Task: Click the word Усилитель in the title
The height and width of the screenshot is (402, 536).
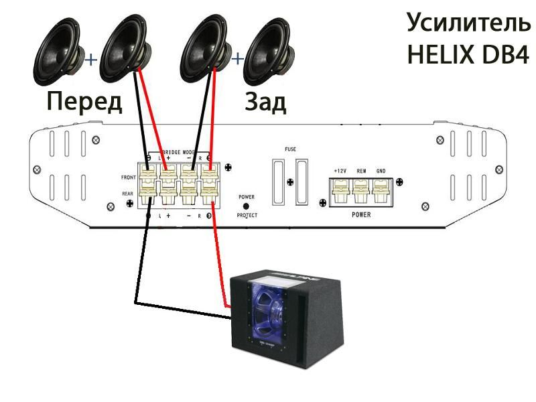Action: tap(468, 24)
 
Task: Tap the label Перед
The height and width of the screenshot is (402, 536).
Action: tap(84, 102)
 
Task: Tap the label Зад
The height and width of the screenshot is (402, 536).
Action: tap(265, 102)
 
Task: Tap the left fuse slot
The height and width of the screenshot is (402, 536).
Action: tap(277, 181)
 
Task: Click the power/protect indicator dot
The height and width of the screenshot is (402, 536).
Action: tap(246, 206)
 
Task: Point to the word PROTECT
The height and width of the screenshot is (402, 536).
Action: tap(246, 216)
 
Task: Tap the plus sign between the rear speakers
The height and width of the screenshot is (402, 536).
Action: tap(236, 60)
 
